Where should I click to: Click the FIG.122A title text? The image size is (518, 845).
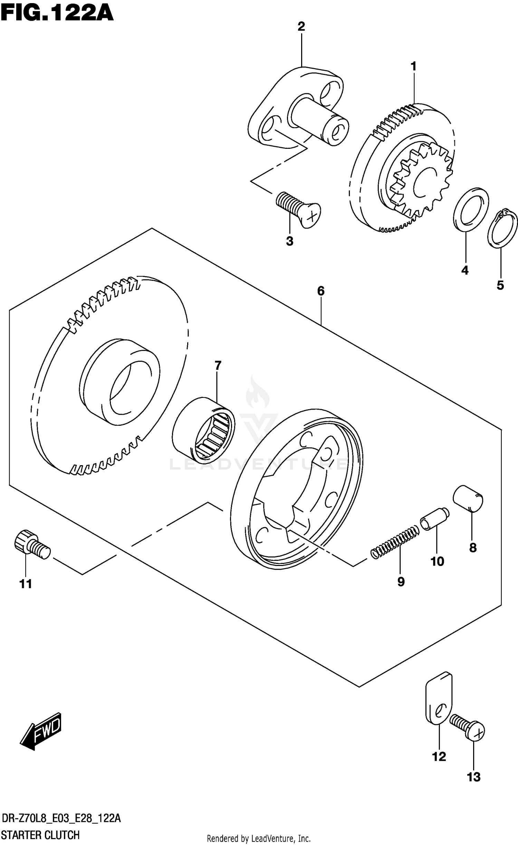tap(57, 13)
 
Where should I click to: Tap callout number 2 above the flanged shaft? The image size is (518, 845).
tap(301, 27)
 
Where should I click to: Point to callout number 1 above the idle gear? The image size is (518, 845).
tap(413, 66)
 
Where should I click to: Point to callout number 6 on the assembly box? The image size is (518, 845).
tap(320, 291)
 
